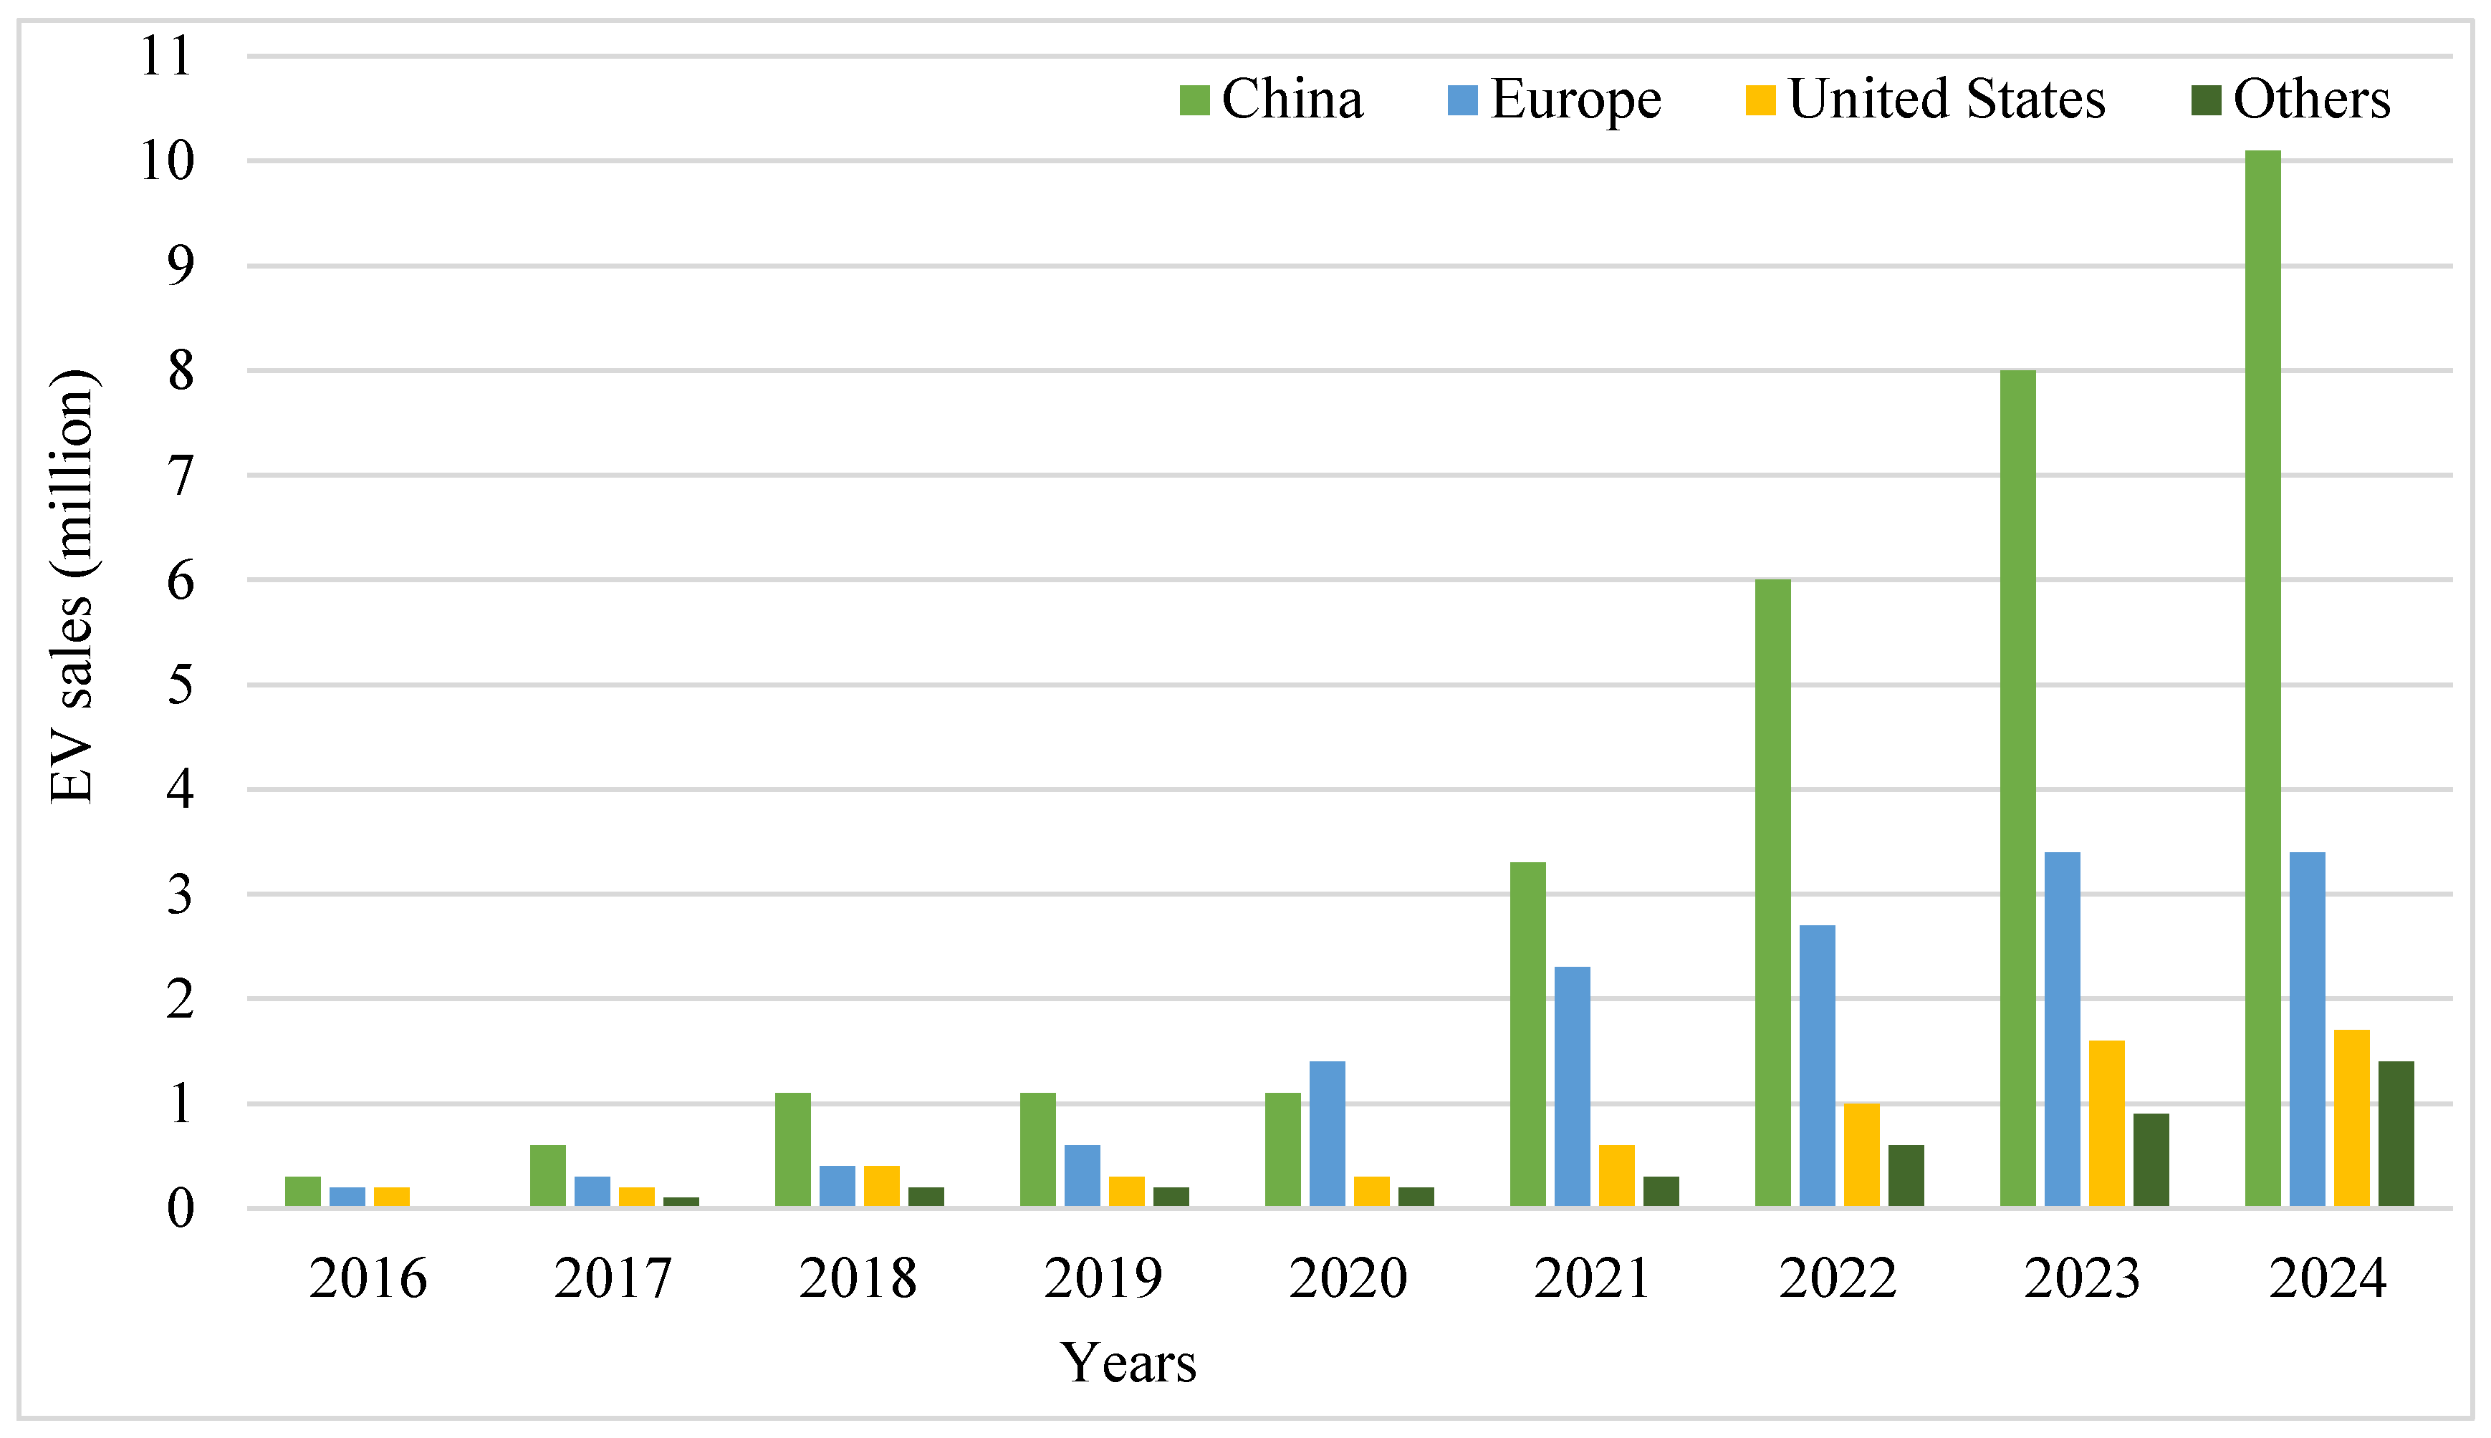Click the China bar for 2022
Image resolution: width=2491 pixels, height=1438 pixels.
[1773, 893]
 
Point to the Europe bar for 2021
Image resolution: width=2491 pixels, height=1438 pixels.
[1573, 1086]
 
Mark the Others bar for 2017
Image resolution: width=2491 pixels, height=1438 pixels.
[681, 1202]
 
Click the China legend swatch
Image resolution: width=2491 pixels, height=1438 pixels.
[1194, 100]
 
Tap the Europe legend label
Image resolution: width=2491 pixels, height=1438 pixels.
[1575, 100]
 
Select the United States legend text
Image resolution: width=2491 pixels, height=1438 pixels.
[1947, 100]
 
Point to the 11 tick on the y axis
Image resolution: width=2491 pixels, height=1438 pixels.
[166, 57]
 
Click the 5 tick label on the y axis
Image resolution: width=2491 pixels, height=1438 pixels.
[180, 685]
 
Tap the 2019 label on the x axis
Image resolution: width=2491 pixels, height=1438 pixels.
[1103, 1278]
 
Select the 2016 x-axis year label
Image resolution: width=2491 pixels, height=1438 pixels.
[368, 1278]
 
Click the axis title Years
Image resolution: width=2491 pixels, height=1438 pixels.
[1128, 1363]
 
